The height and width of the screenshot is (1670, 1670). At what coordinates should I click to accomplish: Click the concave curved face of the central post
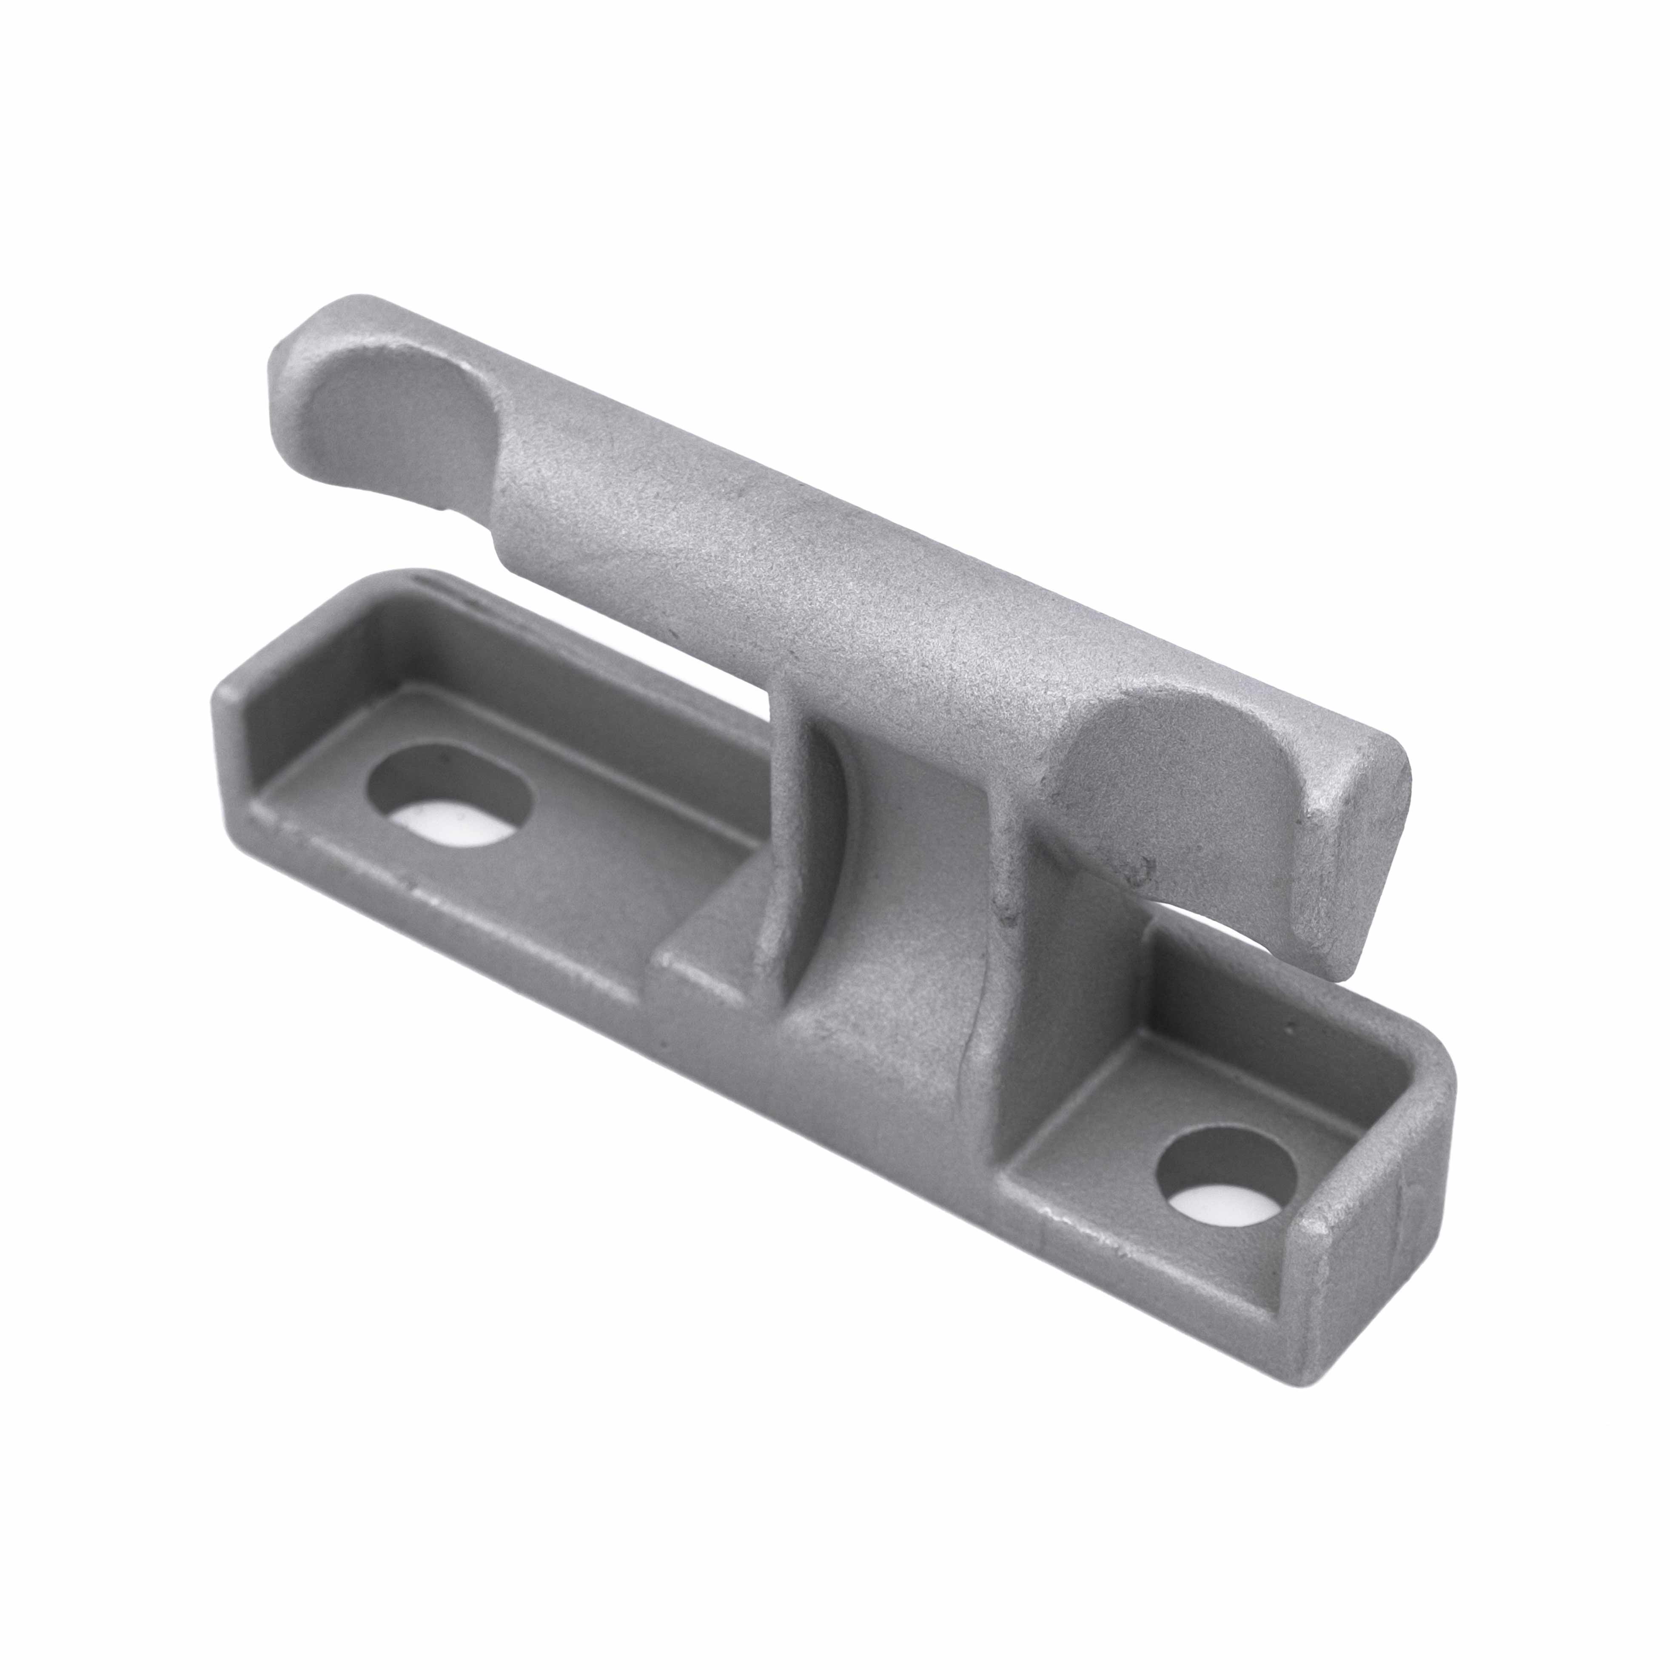point(817,830)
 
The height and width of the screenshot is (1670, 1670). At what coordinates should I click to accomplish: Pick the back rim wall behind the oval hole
point(536,640)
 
